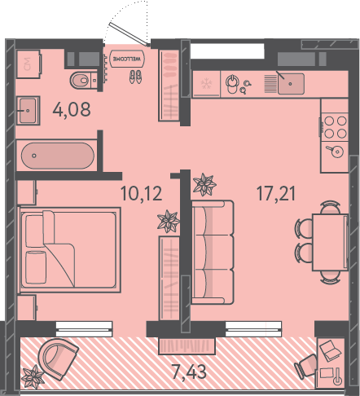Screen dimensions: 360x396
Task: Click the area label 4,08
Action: [x=72, y=109]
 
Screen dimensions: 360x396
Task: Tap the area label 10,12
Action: [x=141, y=193]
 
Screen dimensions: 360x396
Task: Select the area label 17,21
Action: [x=276, y=194]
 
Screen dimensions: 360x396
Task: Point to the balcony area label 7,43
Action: [x=189, y=372]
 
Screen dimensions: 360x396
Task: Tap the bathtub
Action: [x=58, y=156]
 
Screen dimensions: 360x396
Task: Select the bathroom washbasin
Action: [x=28, y=110]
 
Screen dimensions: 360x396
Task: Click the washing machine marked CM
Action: [x=29, y=64]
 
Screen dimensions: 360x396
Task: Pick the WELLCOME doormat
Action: [x=127, y=59]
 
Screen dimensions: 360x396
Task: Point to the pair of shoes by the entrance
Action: [x=135, y=77]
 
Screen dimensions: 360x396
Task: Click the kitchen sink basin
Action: [x=291, y=84]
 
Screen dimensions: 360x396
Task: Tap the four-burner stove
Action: [x=335, y=127]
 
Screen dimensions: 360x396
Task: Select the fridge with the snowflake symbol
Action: [x=206, y=84]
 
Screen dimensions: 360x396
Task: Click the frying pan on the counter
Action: [x=336, y=151]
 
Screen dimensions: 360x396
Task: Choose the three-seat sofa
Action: [x=213, y=253]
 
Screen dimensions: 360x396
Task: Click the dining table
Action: [x=330, y=242]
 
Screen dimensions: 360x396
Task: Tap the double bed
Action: [x=69, y=249]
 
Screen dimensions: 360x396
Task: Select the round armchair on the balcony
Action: [x=58, y=359]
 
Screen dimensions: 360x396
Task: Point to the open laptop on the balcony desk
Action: [x=330, y=350]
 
